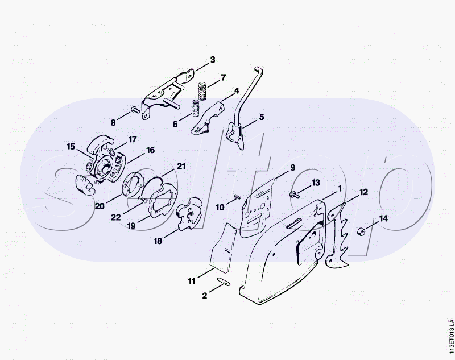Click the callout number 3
[x=213, y=60]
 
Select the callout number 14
[x=383, y=218]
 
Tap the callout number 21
[x=181, y=166]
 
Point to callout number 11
[x=192, y=281]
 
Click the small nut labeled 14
[x=361, y=231]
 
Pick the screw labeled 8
[x=135, y=109]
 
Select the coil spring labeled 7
[x=202, y=91]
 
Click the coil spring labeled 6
[x=195, y=108]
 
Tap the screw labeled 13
[x=294, y=194]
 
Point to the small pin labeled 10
[x=237, y=197]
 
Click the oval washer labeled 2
[x=223, y=282]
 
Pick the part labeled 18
[x=189, y=214]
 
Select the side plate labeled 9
[x=257, y=208]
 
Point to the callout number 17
[x=133, y=139]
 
